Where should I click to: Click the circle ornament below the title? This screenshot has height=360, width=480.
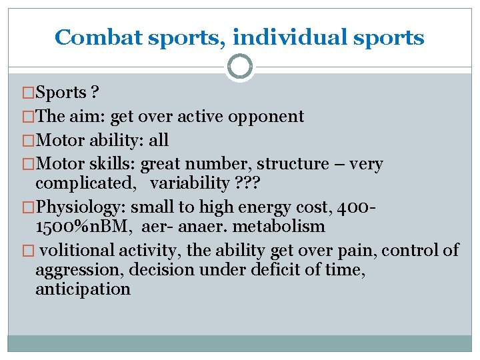click(x=240, y=67)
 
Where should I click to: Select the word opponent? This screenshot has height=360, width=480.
click(x=267, y=117)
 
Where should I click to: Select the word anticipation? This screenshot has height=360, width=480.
click(x=83, y=289)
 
